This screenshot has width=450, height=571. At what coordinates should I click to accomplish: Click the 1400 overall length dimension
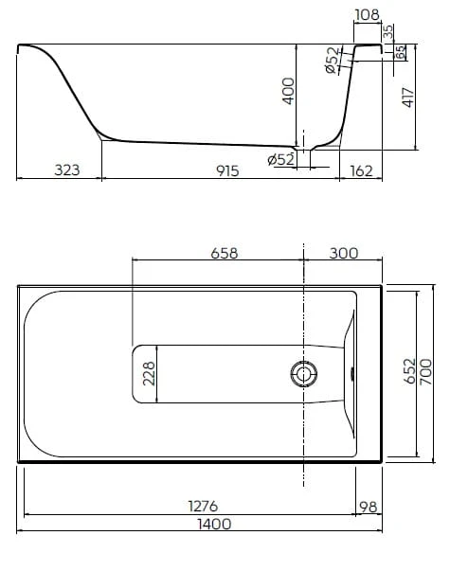214,524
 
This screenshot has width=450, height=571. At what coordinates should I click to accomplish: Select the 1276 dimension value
203,506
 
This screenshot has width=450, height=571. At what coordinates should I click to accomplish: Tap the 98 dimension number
369,507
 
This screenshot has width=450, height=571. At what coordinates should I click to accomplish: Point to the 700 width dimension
426,372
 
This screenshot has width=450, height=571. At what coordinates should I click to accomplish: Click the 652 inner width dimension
409,371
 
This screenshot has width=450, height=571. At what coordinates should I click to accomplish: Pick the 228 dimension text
149,374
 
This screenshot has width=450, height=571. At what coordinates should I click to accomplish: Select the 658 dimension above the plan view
225,253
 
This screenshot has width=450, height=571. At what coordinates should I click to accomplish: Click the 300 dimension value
344,253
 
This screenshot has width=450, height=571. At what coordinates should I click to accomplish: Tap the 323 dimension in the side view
67,170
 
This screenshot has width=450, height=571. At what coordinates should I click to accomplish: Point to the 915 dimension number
227,170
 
